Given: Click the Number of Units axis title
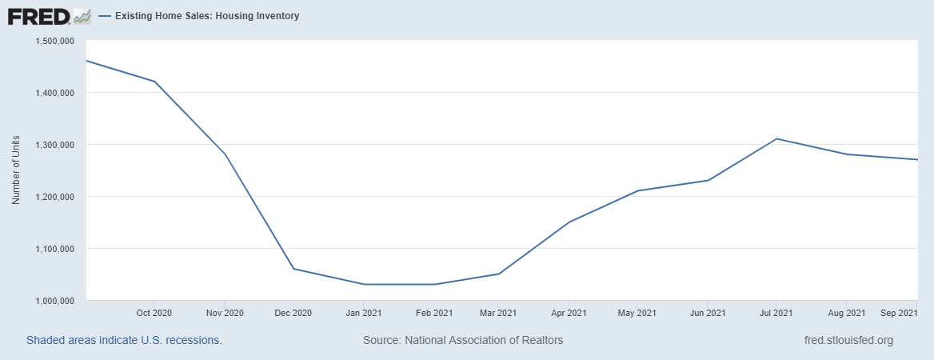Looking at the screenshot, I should [x=16, y=170].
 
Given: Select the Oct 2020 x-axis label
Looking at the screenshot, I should [x=154, y=312].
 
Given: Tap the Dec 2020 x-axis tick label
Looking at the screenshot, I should [x=293, y=312].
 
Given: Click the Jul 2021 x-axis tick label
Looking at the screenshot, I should [x=776, y=312].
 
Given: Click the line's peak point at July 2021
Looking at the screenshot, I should [x=776, y=139].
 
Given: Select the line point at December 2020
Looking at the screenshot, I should [x=293, y=269].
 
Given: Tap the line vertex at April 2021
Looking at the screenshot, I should [x=568, y=222].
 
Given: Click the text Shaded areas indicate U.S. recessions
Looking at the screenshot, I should [x=124, y=340].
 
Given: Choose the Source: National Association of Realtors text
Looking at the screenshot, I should [x=463, y=340].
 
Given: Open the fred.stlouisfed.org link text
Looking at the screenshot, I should [x=848, y=340].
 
